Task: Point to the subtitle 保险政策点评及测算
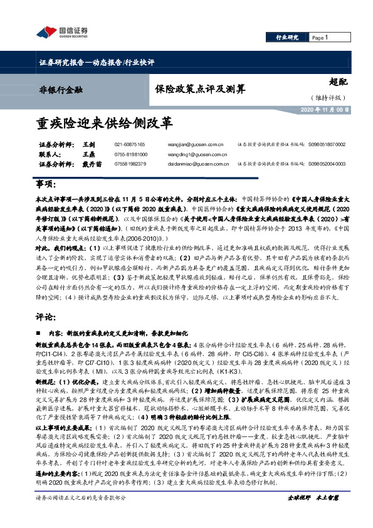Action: (x=191, y=89)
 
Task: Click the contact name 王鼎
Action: (x=88, y=154)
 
